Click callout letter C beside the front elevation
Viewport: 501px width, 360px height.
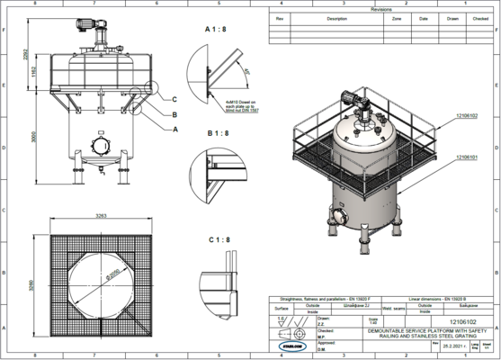point(174,99)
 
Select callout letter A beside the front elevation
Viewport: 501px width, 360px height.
point(174,129)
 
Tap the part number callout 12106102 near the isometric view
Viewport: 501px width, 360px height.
point(467,115)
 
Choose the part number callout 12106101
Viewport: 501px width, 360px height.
point(467,157)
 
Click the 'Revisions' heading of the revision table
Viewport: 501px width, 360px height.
point(381,9)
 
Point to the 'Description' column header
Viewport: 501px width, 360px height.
point(336,17)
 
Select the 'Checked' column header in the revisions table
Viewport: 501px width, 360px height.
point(480,17)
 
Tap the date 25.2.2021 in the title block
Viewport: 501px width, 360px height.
point(449,345)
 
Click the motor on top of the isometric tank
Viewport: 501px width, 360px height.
point(349,97)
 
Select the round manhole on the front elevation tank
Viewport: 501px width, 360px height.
point(97,146)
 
